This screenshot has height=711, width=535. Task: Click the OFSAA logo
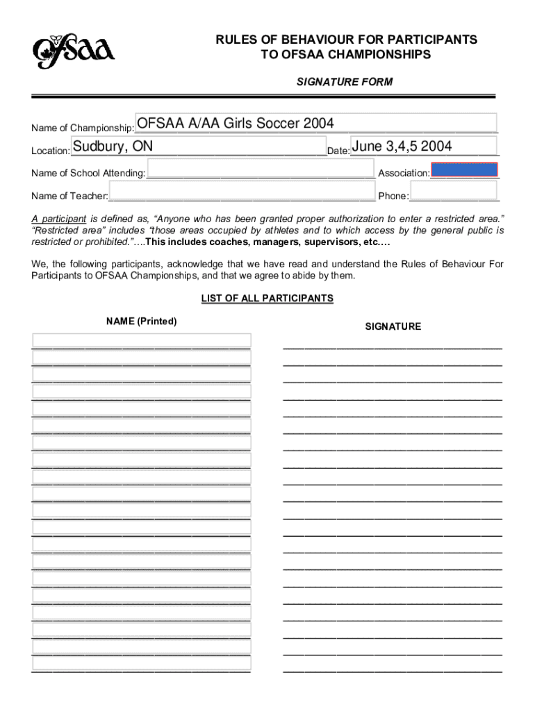73,51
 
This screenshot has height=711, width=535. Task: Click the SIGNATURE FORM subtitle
345,82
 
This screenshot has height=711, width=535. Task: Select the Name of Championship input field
315,123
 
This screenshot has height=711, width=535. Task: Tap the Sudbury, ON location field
197,147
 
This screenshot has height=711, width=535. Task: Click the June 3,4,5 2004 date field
423,147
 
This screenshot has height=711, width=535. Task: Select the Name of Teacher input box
241,192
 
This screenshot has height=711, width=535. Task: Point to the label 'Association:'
403,173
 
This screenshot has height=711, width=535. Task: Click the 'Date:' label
338,151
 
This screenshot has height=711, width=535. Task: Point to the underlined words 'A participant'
59,218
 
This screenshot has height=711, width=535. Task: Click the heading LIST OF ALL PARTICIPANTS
267,299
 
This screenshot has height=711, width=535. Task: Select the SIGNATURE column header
393,326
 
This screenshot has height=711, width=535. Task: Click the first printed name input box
141,340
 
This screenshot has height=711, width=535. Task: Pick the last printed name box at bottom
141,664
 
